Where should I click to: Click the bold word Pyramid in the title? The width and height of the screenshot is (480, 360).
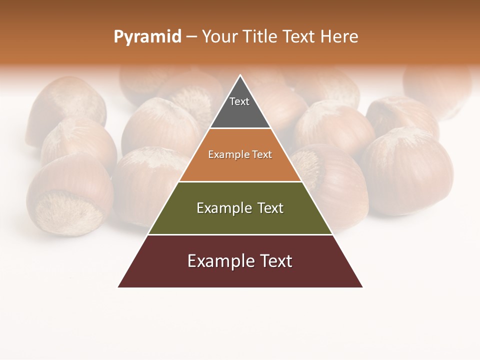pyautogui.click(x=147, y=37)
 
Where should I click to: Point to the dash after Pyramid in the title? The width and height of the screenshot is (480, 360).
pyautogui.click(x=191, y=37)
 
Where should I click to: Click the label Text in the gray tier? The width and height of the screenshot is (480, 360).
pyautogui.click(x=239, y=101)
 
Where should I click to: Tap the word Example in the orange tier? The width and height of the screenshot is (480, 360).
pyautogui.click(x=224, y=155)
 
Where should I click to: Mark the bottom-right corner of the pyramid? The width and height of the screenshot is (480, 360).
pyautogui.click(x=362, y=286)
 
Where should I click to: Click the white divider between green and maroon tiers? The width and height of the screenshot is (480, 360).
pyautogui.click(x=240, y=234)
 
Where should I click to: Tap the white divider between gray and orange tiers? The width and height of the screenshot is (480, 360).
pyautogui.click(x=240, y=128)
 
